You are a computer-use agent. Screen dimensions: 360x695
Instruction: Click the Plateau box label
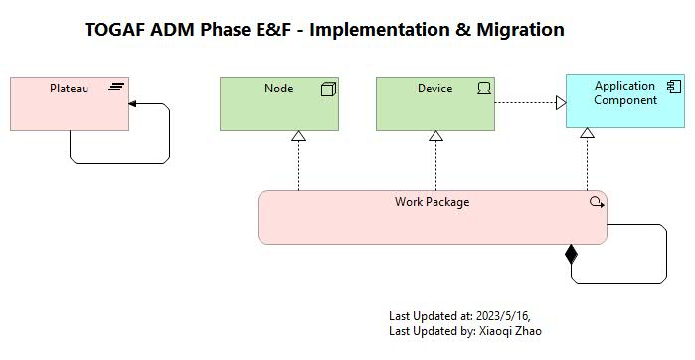[x=69, y=89]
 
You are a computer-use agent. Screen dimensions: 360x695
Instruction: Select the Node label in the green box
[x=278, y=89]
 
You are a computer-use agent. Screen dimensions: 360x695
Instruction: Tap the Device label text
[x=434, y=89]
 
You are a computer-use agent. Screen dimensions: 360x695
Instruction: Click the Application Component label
[x=624, y=93]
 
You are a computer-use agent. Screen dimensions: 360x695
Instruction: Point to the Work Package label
[x=432, y=202]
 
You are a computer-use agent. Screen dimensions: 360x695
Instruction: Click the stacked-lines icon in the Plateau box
[x=116, y=89]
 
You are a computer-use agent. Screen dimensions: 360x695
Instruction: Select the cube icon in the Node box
[x=328, y=90]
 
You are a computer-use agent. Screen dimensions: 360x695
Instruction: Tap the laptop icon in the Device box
[x=484, y=89]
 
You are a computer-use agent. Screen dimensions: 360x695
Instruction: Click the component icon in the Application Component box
[x=673, y=87]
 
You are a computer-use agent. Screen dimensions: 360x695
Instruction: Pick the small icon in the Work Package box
[x=596, y=202]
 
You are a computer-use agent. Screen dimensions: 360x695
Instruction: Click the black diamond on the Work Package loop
[x=571, y=255]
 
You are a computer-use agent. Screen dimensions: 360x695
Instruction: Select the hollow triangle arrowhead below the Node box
[x=298, y=136]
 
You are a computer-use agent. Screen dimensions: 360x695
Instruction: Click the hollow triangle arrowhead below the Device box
[x=435, y=136]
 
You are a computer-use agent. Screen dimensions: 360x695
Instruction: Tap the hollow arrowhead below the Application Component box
[x=587, y=133]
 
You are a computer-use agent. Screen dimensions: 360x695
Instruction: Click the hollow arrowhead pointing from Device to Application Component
[x=560, y=102]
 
